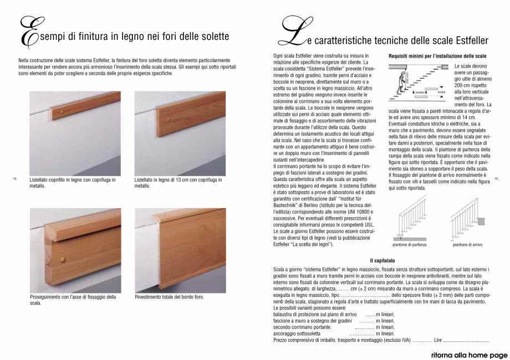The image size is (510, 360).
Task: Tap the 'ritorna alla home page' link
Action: [x=464, y=354]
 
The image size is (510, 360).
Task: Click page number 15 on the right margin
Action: [x=496, y=178]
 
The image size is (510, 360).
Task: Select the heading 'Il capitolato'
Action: [x=382, y=260]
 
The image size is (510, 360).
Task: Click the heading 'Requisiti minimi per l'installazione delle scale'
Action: [x=437, y=56]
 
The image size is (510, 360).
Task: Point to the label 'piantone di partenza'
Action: [x=409, y=244]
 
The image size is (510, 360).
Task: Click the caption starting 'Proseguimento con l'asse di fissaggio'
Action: [x=73, y=300]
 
